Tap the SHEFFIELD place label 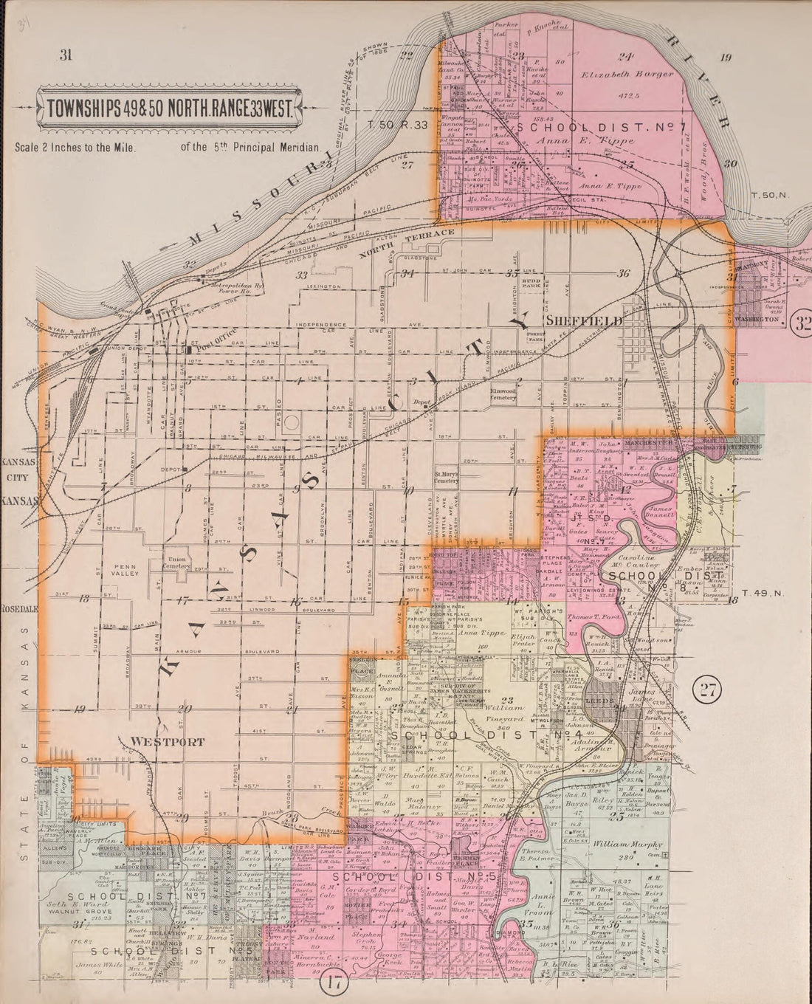coord(584,322)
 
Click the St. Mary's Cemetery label coord(447,477)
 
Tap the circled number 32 coord(800,323)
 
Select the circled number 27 coord(707,691)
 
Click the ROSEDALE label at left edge coord(14,611)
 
